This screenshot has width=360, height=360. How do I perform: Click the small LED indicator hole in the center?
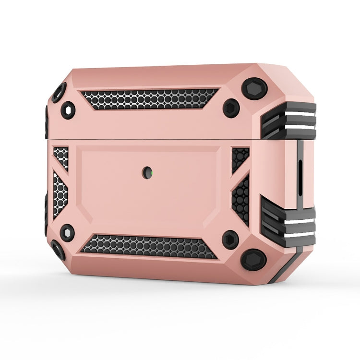[x=146, y=173]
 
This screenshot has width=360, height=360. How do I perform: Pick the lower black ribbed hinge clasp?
[x=288, y=221]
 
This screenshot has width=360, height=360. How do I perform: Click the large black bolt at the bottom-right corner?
[x=253, y=259]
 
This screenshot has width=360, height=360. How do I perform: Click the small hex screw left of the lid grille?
[x=68, y=110]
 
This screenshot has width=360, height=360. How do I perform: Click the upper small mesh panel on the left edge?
[x=61, y=157]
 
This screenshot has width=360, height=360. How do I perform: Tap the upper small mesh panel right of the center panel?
[x=240, y=158]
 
